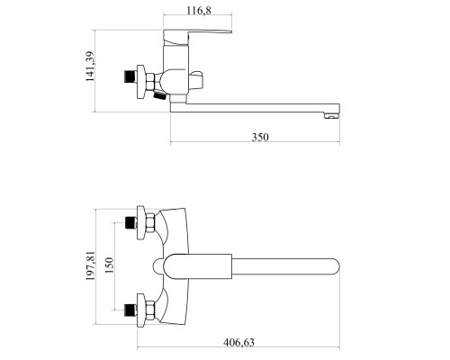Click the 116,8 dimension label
[199, 11]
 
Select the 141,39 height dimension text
[90, 67]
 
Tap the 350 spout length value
[260, 137]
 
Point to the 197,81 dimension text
[91, 265]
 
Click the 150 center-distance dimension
[109, 265]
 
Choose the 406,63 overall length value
[238, 342]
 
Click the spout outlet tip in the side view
[332, 115]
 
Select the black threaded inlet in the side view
[130, 76]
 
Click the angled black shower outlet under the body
[159, 96]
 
